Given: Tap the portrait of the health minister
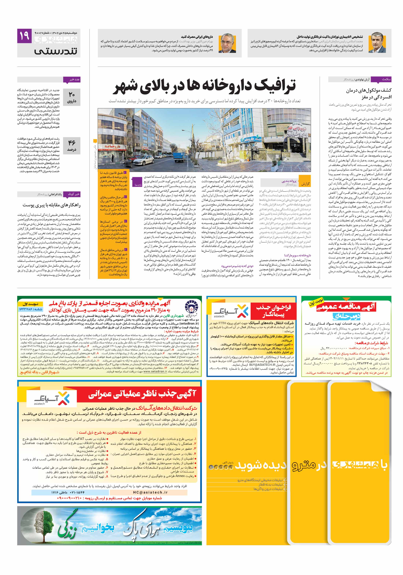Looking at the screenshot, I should [227, 43].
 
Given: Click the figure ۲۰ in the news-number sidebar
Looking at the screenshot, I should [72, 94].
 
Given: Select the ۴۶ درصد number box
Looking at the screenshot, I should [72, 145].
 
